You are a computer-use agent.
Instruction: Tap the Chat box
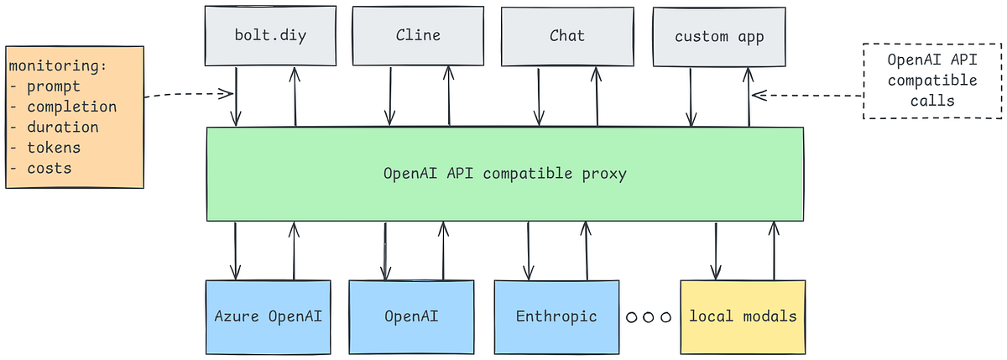[566, 36]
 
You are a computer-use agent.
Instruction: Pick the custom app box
[719, 36]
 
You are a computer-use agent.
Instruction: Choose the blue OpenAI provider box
[411, 316]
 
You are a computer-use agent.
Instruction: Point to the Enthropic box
[556, 316]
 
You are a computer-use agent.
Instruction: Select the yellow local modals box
[743, 316]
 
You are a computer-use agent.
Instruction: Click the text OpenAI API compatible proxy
[504, 175]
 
